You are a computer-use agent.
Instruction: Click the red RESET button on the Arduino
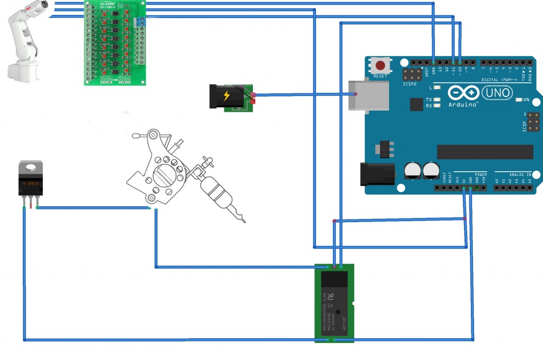[x=380, y=66]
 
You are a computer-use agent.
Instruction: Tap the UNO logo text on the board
[x=498, y=93]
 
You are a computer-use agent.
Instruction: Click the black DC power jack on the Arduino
[x=377, y=174]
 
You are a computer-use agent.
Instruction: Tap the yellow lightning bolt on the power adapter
[x=227, y=96]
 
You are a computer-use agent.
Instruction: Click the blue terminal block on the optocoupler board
[x=141, y=23]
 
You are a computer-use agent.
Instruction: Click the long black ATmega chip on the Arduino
[x=485, y=152]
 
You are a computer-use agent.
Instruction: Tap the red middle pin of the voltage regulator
[x=31, y=202]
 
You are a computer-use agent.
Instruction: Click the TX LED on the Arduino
[x=436, y=100]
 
